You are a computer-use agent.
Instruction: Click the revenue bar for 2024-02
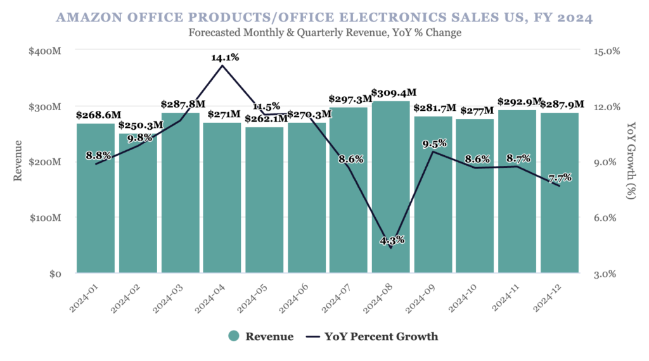click(138, 203)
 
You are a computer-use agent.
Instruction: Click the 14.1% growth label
click(225, 58)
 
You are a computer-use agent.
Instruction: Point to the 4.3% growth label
click(392, 240)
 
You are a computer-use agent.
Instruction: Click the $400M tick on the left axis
click(44, 51)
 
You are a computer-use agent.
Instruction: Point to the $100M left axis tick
click(44, 218)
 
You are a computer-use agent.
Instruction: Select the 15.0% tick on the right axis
click(606, 51)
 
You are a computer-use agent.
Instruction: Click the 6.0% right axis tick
click(606, 218)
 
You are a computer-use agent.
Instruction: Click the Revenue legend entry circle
click(234, 336)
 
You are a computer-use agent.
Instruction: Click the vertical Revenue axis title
click(18, 162)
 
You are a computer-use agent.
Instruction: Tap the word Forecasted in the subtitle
click(218, 33)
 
